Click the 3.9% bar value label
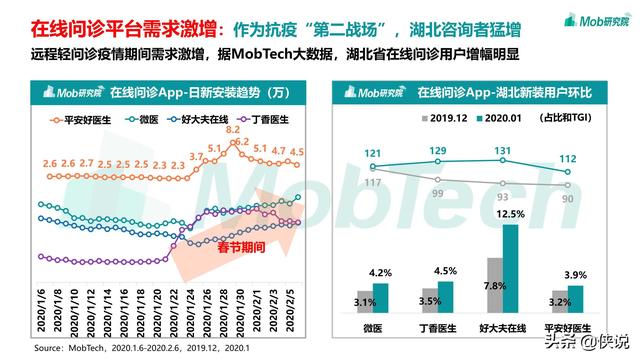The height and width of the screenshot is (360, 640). click(577, 275)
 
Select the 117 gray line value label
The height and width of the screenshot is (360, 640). click(372, 182)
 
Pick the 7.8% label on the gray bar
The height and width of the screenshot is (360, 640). click(494, 286)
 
